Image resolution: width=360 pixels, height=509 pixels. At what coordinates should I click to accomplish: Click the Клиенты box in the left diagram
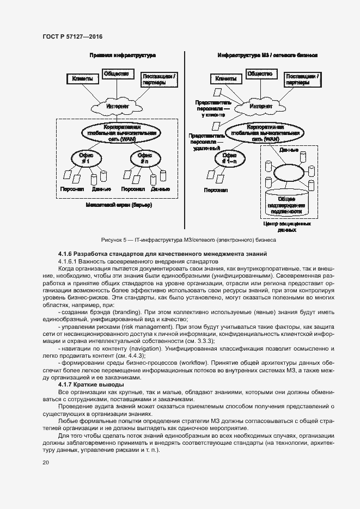(x=82, y=79)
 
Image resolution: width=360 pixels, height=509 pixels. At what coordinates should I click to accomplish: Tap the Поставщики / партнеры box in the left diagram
(x=159, y=80)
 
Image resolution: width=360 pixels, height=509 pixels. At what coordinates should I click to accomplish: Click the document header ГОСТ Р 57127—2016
(x=72, y=36)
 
